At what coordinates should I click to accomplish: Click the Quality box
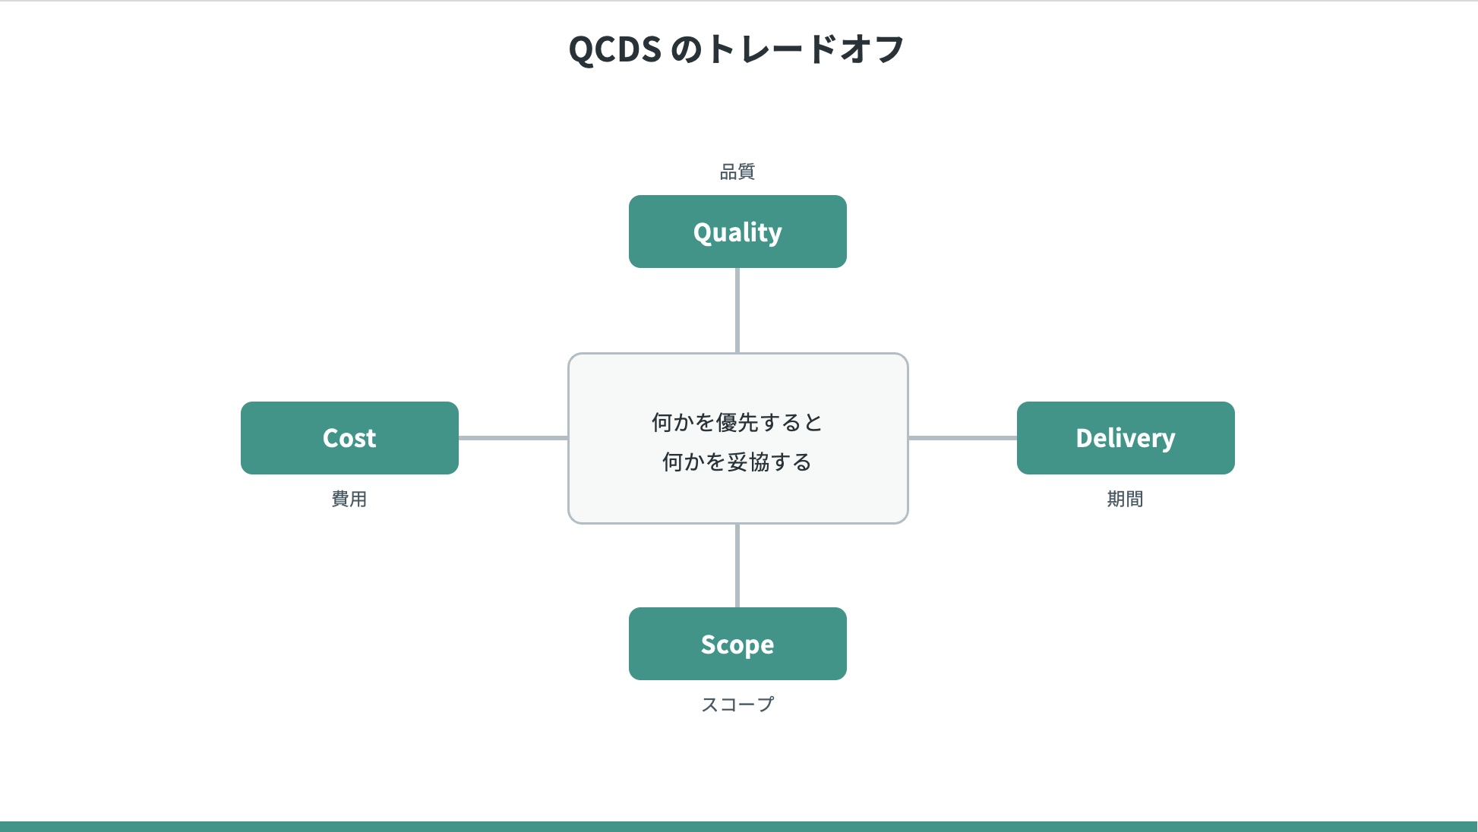pos(737,232)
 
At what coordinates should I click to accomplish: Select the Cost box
pos(349,438)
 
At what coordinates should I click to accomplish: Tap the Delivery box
pos(1126,438)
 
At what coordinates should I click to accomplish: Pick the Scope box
pos(737,644)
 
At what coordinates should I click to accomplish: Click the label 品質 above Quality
pos(737,172)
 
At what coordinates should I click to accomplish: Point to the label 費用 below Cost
pos(349,499)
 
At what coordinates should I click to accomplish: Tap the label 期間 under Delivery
pos(1125,499)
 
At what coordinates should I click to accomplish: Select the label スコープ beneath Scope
pos(737,704)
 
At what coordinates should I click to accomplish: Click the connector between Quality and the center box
pos(737,310)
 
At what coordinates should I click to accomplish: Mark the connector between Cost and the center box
pos(513,438)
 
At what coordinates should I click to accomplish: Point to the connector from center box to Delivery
pos(962,438)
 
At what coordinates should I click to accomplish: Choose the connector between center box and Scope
pos(737,566)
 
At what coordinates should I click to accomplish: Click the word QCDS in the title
pos(615,49)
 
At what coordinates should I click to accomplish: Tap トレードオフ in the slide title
pos(805,49)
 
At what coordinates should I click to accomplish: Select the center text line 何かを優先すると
pos(737,422)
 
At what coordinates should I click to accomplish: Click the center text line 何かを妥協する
pos(737,462)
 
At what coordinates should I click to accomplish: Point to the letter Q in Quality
pos(703,232)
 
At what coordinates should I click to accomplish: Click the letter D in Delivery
pos(1085,438)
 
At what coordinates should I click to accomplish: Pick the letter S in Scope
pos(709,644)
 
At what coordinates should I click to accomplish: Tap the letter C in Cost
pos(332,438)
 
